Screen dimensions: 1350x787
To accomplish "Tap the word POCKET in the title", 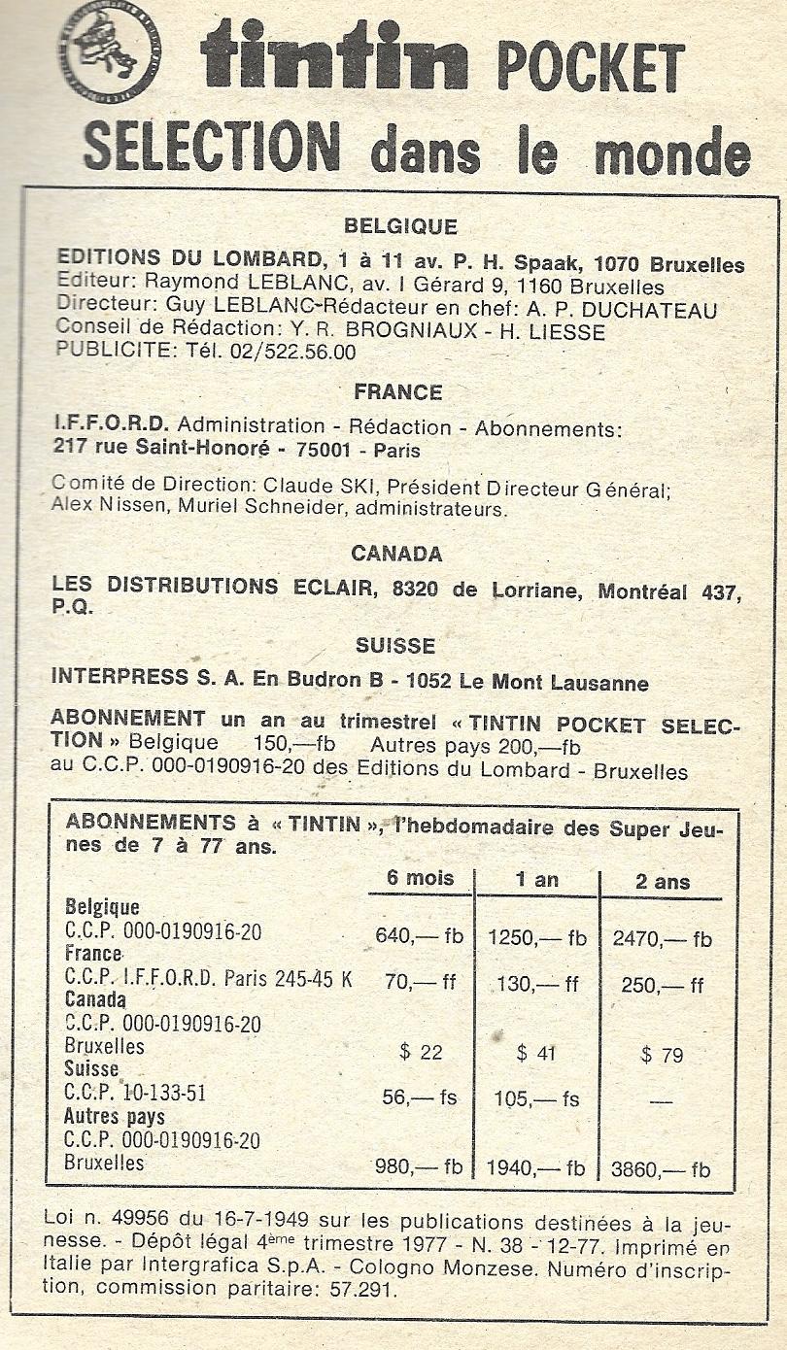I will coord(591,67).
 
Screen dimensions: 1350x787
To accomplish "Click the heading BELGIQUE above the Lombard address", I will coord(400,227).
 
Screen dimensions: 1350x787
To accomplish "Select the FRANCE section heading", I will coord(398,392).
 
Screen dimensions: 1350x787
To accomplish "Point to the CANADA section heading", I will coord(396,554).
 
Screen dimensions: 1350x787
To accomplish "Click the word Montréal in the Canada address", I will coord(642,591).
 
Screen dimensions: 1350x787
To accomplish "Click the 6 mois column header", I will coord(421,879).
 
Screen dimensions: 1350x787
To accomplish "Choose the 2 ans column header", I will coord(662,882).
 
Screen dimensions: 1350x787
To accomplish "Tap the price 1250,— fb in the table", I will coord(537,938).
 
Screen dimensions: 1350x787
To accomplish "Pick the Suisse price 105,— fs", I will coord(537,1098).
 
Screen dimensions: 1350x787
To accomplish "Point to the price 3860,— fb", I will coord(661,1169).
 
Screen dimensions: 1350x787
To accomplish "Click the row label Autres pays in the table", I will coord(115,1117).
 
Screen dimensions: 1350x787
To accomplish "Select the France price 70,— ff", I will coord(420,983).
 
